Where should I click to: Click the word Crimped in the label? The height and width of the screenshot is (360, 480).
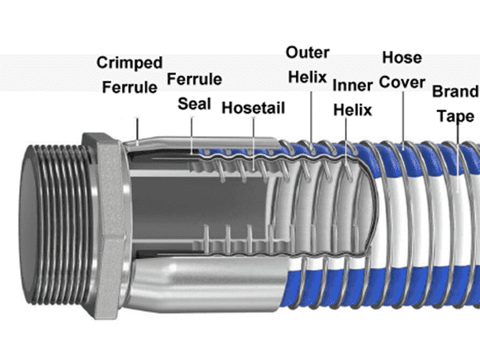(130, 62)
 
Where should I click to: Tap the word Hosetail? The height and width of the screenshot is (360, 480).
(252, 107)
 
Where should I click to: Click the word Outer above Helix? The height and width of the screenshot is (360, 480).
(308, 53)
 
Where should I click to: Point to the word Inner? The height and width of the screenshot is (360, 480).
(352, 85)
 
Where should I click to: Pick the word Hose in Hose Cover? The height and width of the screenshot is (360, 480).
(402, 58)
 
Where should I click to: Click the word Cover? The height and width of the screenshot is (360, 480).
(402, 82)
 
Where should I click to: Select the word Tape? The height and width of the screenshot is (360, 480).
(455, 115)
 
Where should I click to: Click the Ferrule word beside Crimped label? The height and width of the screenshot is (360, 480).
(130, 86)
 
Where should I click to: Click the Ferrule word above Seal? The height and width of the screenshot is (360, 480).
(194, 80)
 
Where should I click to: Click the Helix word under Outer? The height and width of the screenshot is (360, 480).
(308, 78)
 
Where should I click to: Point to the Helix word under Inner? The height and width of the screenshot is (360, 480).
(352, 110)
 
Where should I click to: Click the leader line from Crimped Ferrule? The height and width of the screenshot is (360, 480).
(138, 128)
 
